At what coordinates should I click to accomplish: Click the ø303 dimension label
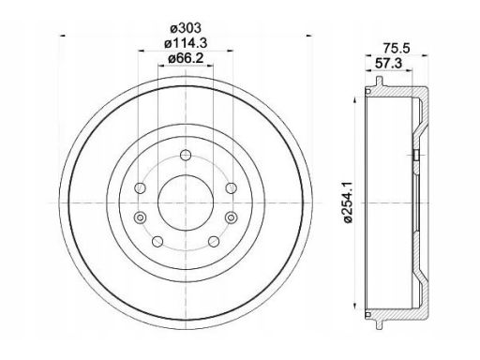click(x=186, y=28)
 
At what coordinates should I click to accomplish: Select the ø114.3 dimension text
click(x=186, y=43)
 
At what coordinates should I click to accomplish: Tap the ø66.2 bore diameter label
click(x=186, y=58)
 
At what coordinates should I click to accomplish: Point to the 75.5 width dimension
click(x=396, y=49)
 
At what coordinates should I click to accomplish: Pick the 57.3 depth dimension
click(x=388, y=64)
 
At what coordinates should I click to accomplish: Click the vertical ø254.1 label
click(x=348, y=202)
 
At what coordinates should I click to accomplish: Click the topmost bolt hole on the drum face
click(x=186, y=155)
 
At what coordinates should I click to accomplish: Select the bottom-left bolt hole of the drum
click(x=157, y=241)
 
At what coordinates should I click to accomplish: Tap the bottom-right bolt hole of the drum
click(x=214, y=241)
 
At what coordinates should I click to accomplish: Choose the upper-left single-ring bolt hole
click(x=140, y=188)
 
